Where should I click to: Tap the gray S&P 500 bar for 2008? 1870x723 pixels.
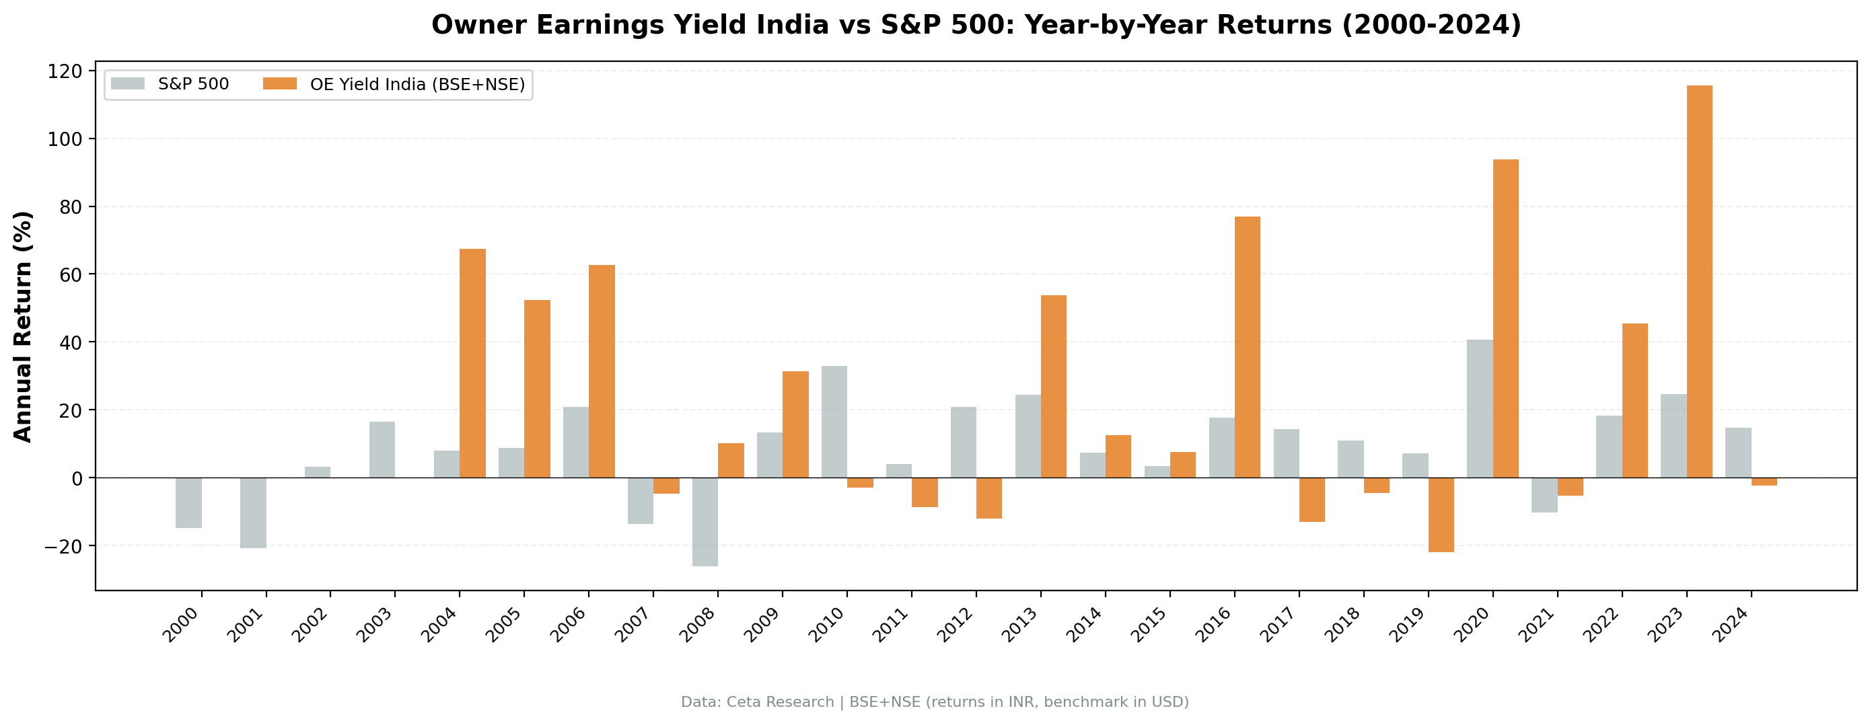click(705, 521)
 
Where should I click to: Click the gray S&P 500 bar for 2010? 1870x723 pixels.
click(834, 422)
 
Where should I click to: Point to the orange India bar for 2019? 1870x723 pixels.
click(1441, 515)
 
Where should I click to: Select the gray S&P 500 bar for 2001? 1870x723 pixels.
click(254, 512)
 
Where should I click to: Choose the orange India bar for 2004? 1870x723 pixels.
click(472, 363)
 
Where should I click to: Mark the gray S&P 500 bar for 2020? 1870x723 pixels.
click(1480, 409)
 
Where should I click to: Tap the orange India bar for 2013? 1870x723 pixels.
click(1053, 386)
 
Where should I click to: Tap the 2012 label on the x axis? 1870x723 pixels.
click(956, 625)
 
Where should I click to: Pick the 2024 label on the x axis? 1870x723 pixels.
click(1731, 625)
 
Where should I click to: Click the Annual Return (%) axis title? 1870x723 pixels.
click(24, 327)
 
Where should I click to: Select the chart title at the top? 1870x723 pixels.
click(976, 25)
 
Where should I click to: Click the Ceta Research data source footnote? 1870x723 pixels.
click(934, 702)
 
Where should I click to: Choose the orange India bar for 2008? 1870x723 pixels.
click(730, 460)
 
